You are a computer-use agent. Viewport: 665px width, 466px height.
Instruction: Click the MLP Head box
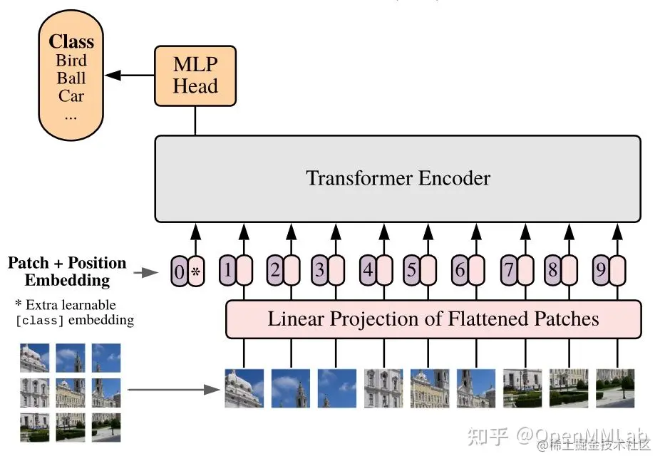(195, 76)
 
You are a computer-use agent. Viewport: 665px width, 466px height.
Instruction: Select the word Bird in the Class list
(71, 61)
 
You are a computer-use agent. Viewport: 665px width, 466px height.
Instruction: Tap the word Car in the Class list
(71, 95)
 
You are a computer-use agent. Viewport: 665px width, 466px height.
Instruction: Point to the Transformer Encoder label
(398, 177)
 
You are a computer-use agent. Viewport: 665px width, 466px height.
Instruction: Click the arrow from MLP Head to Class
(129, 76)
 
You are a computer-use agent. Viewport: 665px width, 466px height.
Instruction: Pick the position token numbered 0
(180, 271)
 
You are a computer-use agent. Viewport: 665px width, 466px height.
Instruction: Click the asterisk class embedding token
(196, 271)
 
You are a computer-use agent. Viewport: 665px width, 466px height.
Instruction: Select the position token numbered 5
(411, 270)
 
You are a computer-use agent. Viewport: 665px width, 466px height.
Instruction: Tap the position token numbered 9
(601, 270)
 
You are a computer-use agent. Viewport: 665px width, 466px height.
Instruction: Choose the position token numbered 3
(320, 270)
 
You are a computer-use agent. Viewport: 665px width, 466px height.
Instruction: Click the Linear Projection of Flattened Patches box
(433, 319)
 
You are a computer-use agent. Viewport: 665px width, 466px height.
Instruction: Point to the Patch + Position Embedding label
(67, 271)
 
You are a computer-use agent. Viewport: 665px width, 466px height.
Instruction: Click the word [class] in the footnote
(39, 320)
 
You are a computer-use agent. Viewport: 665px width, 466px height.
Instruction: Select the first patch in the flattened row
(244, 388)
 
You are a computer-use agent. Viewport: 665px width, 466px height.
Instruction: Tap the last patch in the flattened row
(615, 388)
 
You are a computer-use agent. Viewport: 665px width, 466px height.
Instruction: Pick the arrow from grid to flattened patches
(174, 390)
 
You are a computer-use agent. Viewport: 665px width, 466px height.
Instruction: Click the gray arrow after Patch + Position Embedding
(146, 273)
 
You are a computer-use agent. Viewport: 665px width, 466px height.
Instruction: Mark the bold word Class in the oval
(71, 41)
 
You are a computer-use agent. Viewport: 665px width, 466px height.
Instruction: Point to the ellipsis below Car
(71, 117)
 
